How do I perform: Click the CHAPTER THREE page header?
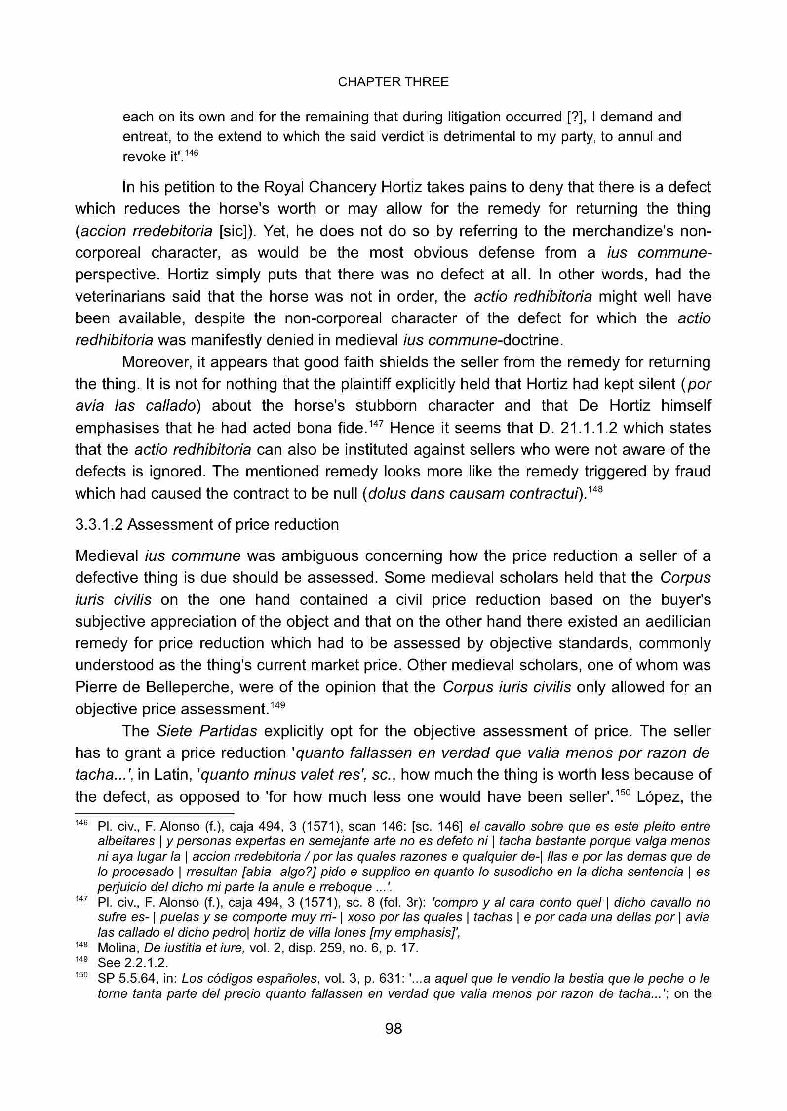(x=393, y=82)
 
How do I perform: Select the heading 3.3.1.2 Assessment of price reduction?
(x=207, y=524)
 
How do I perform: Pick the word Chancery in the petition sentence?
(x=342, y=187)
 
